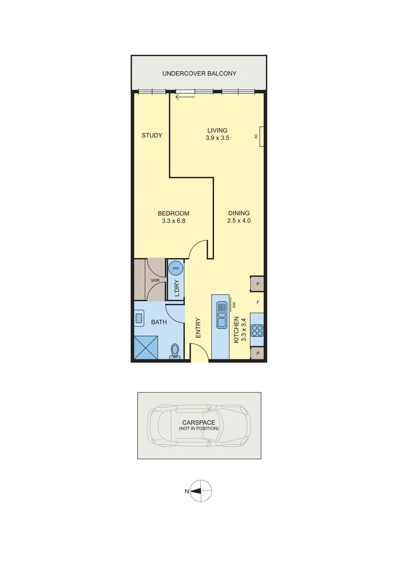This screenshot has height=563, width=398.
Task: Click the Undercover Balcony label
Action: point(199,74)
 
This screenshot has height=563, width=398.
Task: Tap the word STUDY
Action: point(152,136)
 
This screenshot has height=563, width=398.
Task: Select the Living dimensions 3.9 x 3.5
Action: point(218,138)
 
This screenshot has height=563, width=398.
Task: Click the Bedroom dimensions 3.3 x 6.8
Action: point(173,221)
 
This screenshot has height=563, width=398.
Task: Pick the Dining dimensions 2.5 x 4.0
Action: point(239,221)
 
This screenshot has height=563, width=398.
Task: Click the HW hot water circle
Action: point(176,268)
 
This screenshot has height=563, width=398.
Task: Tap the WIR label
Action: point(155,280)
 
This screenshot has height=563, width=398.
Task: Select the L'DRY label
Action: point(177,289)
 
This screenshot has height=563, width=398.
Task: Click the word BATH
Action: point(159,322)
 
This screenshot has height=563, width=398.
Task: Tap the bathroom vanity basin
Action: point(140,317)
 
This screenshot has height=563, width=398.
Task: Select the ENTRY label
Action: point(198,328)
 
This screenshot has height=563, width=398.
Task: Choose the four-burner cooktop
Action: point(257,331)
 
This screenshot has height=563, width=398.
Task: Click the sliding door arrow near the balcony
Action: point(182,96)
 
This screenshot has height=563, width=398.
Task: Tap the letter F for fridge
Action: point(257,302)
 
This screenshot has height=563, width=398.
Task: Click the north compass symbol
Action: point(201,491)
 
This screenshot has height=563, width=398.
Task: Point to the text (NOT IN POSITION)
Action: point(198,429)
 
